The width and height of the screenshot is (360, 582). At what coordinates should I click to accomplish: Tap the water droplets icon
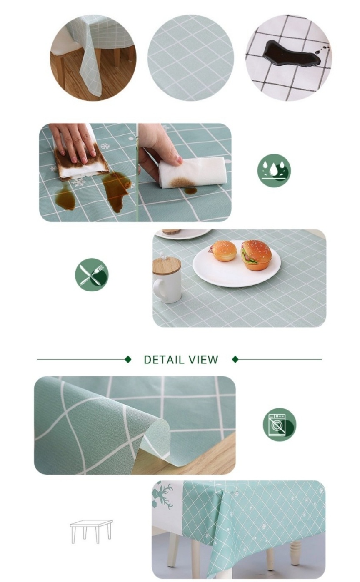click(x=274, y=170)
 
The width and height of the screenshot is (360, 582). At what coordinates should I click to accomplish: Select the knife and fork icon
click(x=92, y=274)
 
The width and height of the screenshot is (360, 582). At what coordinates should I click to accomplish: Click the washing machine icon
click(x=279, y=424)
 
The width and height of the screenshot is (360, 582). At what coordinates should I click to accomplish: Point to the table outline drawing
click(x=91, y=531)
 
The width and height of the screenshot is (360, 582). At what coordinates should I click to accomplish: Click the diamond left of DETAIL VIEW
click(x=128, y=360)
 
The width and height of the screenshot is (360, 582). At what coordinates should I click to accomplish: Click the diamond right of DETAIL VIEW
click(x=235, y=360)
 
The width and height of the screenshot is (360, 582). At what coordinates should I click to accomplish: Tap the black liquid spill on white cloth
click(x=291, y=55)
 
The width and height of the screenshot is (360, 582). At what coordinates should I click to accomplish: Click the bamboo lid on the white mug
click(x=167, y=266)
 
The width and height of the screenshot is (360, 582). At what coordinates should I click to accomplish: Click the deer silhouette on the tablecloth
click(x=165, y=496)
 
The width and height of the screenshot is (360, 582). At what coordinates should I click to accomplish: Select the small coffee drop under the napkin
click(x=191, y=191)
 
